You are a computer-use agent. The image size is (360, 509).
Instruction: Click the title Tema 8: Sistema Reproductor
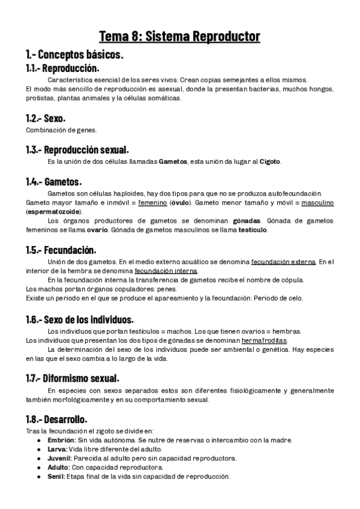coord(179,37)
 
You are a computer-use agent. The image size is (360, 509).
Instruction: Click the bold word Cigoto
coord(269,161)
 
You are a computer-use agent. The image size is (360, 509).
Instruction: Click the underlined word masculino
coord(317,203)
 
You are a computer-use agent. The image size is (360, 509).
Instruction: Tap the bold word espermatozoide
coord(51,212)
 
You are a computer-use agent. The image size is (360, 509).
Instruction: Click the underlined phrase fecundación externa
coord(283,262)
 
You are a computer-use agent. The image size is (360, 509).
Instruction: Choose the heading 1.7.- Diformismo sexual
coord(72,379)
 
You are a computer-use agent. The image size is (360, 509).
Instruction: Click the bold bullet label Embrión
coord(59,440)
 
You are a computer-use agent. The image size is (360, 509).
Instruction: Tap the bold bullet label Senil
coord(55,476)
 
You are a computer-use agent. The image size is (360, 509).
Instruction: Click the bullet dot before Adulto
coord(39,467)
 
